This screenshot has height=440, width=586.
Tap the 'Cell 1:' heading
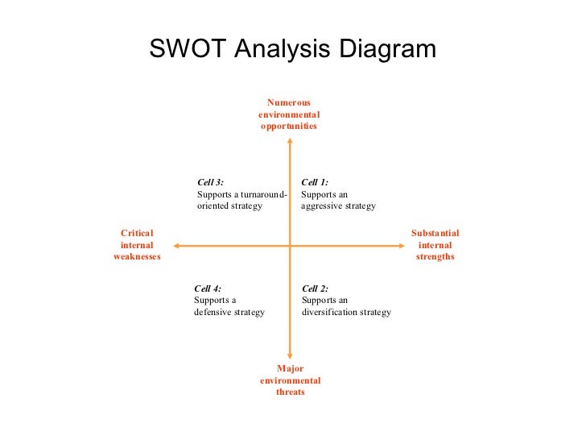pyautogui.click(x=315, y=182)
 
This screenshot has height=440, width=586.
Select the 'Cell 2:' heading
pyautogui.click(x=316, y=288)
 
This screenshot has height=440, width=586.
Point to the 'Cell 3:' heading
pyautogui.click(x=211, y=182)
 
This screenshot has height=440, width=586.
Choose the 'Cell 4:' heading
pyautogui.click(x=208, y=288)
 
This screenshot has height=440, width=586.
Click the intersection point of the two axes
pyautogui.click(x=290, y=245)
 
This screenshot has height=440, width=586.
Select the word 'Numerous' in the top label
pyautogui.click(x=289, y=102)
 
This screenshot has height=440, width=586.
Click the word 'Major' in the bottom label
pyautogui.click(x=290, y=369)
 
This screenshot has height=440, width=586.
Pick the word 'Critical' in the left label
pyautogui.click(x=137, y=233)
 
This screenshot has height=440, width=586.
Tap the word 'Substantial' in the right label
pyautogui.click(x=435, y=233)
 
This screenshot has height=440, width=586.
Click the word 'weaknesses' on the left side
pyautogui.click(x=137, y=257)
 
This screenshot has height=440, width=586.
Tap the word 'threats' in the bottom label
pyautogui.click(x=291, y=392)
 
